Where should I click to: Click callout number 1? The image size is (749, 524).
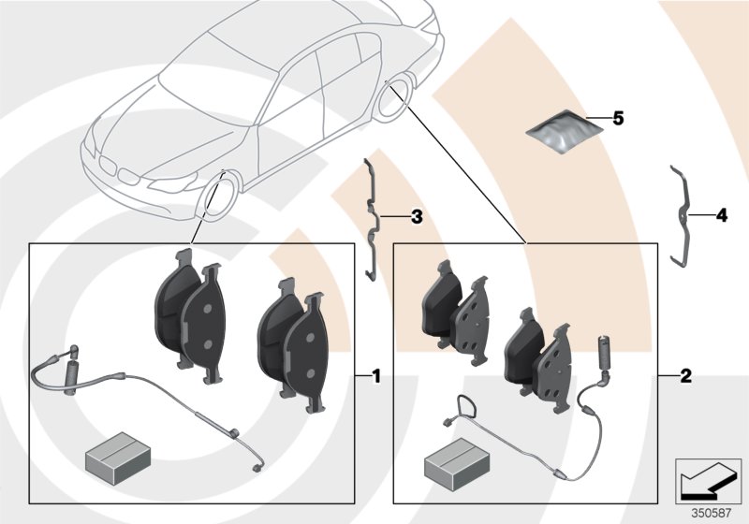click(x=375, y=377)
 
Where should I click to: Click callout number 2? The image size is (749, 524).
click(x=685, y=377)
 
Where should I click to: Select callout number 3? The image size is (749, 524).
click(x=417, y=217)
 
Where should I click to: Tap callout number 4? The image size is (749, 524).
click(x=720, y=215)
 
